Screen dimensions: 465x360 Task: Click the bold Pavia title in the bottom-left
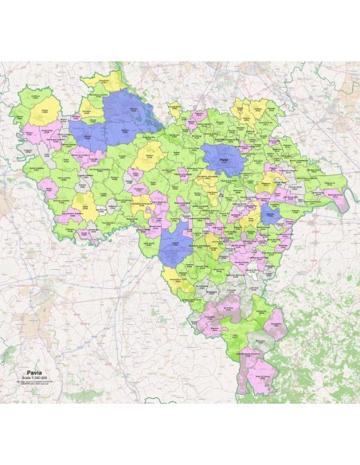(x=34, y=372)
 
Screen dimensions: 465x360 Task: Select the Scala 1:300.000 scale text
(x=35, y=377)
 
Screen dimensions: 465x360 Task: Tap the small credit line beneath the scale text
(x=35, y=382)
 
